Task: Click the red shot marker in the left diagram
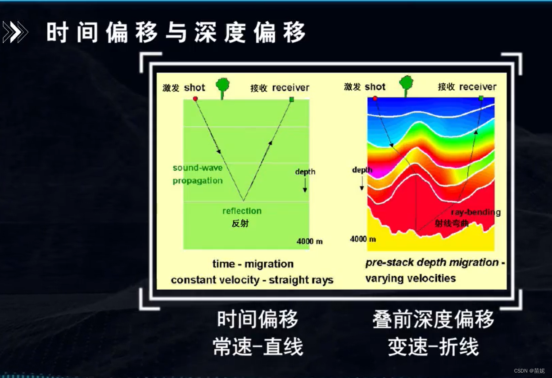coord(195,99)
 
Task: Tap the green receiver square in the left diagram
coord(291,100)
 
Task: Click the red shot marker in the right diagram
coord(375,99)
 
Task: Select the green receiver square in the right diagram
coord(481,98)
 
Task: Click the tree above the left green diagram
coord(223,88)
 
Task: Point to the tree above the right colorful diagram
coord(406,86)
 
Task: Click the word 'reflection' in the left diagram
coord(242,211)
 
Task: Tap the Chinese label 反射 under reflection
coord(240,223)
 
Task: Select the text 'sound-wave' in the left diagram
coord(198,168)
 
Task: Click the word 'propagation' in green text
coord(198,181)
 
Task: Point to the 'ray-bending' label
coord(476,212)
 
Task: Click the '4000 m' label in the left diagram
coord(309,241)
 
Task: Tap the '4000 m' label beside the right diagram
coord(363,239)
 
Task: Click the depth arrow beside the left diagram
coord(305,185)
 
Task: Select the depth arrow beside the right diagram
coord(362,183)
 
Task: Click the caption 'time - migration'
coord(253,264)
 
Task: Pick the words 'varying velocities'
coord(411,278)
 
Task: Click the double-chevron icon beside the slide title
coord(15,32)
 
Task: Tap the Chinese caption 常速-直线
coord(258,346)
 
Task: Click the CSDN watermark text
coord(529,371)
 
